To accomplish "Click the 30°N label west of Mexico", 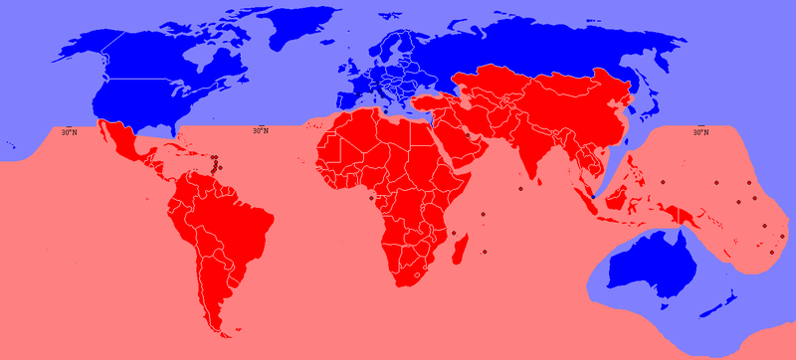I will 68,130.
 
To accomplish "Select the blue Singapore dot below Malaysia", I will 594,197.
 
